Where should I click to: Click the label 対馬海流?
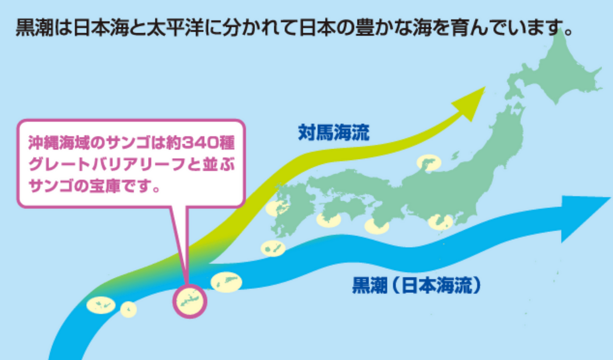point(334,132)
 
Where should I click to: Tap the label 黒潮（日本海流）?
point(416,285)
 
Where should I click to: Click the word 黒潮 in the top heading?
point(34,28)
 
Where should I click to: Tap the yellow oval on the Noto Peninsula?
point(429,162)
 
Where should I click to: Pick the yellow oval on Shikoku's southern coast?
point(328,220)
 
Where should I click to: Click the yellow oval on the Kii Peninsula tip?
point(376,227)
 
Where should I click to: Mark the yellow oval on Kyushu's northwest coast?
point(277,208)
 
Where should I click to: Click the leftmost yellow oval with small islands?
point(101,305)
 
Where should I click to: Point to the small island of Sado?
point(455,155)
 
